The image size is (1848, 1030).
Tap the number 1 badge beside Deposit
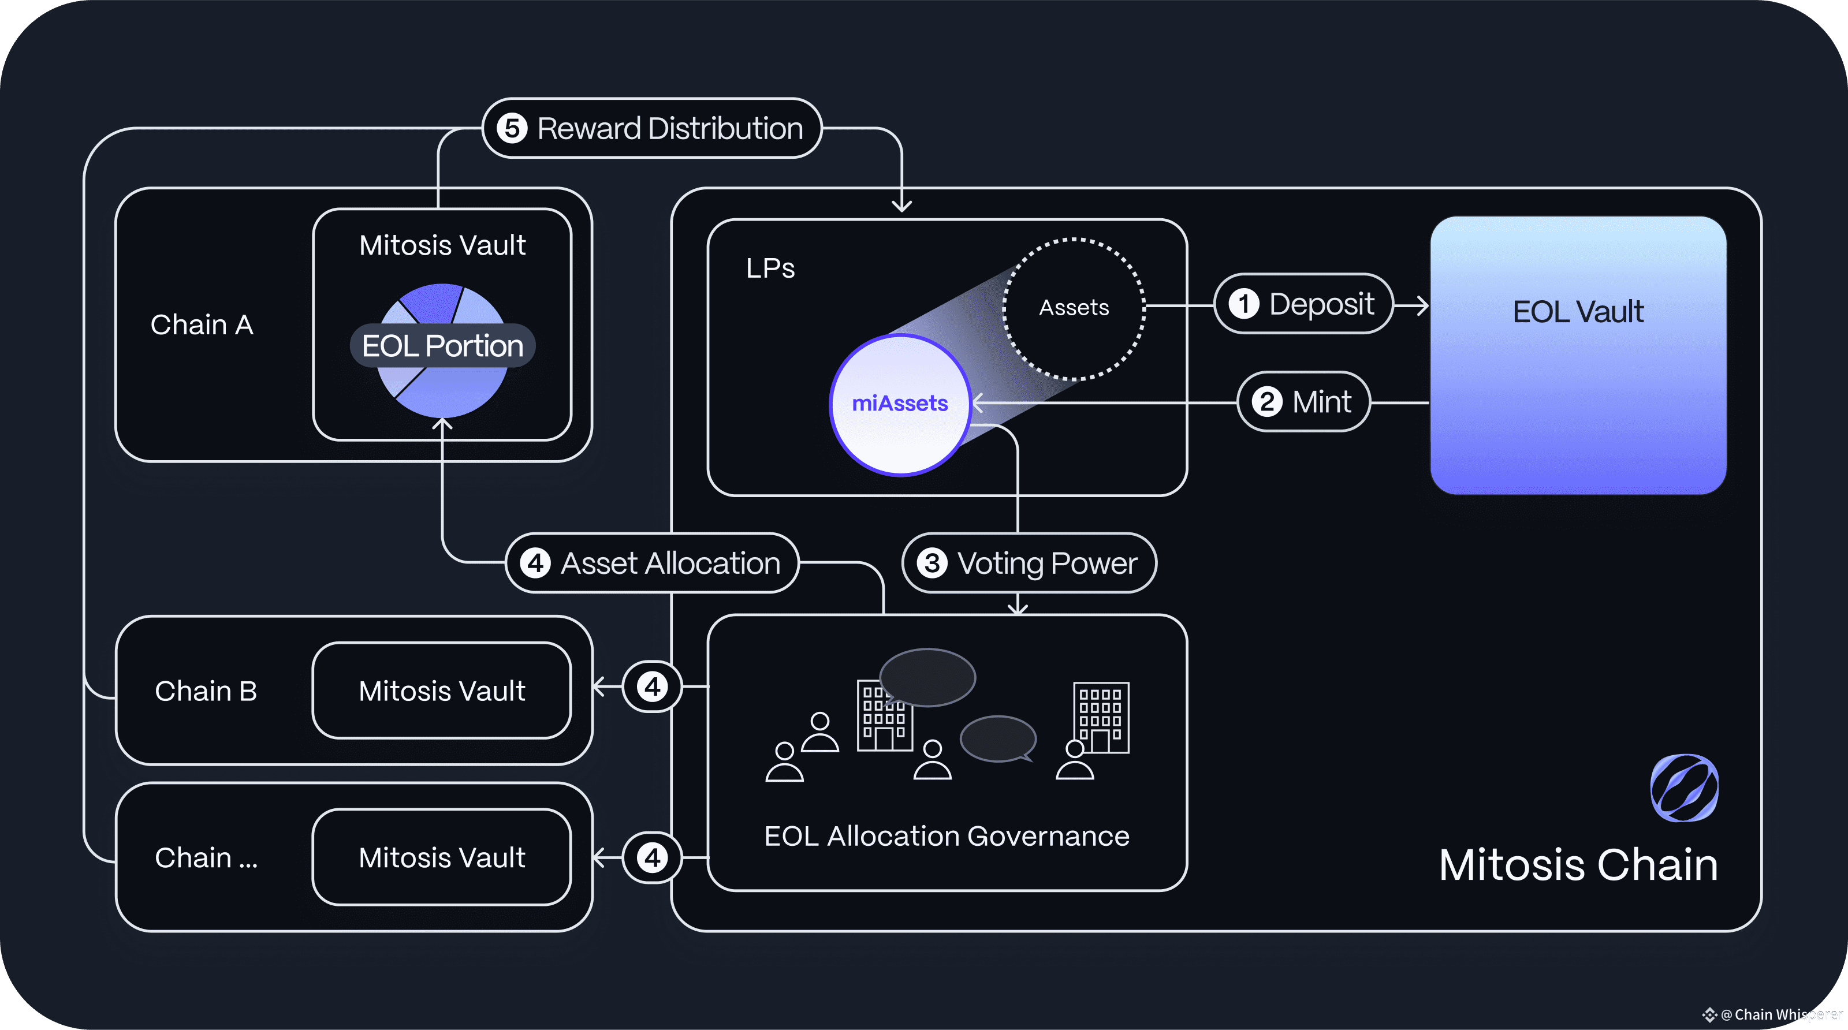[x=1244, y=304]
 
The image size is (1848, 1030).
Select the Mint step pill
[x=1303, y=402]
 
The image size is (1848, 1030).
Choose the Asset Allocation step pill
[x=652, y=563]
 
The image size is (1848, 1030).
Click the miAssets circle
[x=900, y=405]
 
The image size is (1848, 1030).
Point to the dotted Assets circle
[x=1074, y=308]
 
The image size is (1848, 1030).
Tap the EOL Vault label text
[x=1578, y=312]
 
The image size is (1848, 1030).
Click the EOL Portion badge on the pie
[x=442, y=346]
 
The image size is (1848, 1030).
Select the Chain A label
[x=202, y=325]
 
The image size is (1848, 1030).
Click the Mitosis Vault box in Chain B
[x=442, y=691]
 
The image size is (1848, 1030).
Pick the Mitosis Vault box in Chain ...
[x=442, y=857]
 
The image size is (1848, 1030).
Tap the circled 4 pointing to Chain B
[x=652, y=686]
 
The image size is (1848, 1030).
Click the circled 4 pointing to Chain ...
[x=652, y=857]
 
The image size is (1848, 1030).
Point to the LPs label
[x=770, y=268]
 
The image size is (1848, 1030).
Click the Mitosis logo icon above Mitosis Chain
[x=1685, y=788]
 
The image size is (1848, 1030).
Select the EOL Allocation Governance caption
[x=947, y=837]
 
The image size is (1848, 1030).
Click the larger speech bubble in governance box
[x=927, y=678]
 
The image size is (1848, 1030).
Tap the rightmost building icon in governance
[x=1101, y=717]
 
